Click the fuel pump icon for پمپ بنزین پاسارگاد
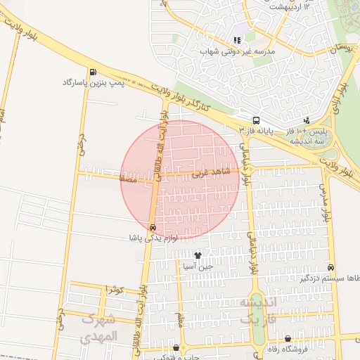[x=93, y=72]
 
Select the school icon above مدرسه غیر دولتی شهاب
[x=236, y=41]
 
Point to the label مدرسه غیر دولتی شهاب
[x=236, y=52]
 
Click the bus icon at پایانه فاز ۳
[x=256, y=120]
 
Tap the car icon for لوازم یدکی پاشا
[x=153, y=227]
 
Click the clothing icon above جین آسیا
[x=198, y=256]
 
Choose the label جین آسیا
[x=198, y=267]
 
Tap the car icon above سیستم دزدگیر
[x=330, y=268]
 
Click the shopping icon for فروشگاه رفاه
[x=288, y=338]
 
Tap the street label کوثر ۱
[x=114, y=290]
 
